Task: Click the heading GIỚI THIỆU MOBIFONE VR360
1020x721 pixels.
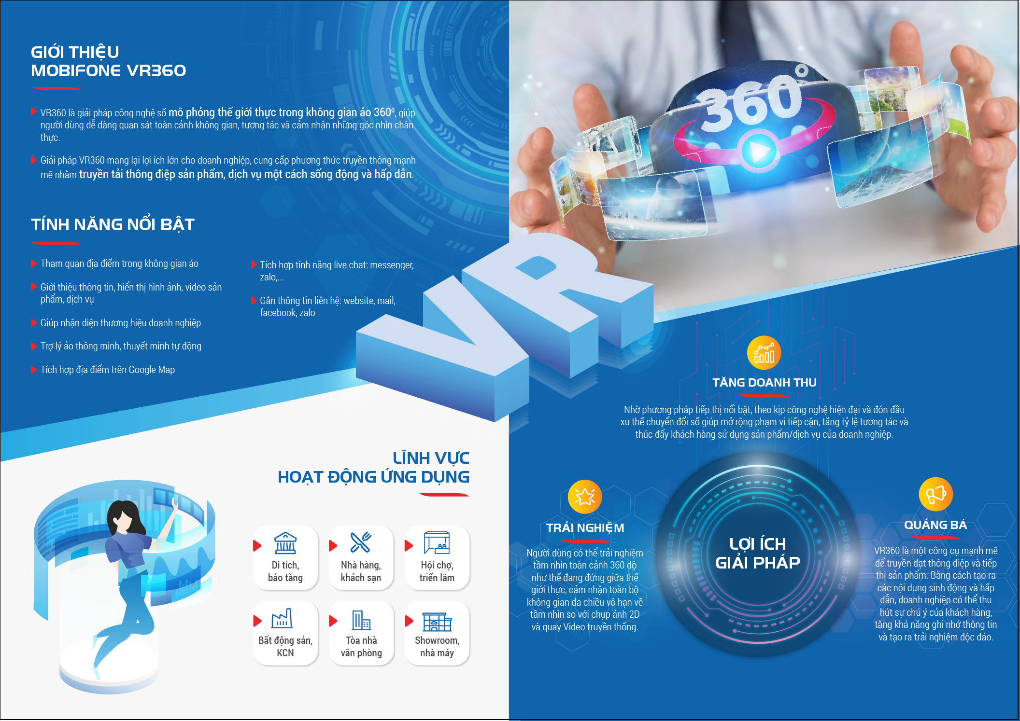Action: (108, 61)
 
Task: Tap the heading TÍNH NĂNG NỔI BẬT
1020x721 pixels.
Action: (113, 224)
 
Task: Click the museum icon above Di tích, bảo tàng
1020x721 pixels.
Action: (285, 543)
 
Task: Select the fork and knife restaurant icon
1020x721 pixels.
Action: (361, 542)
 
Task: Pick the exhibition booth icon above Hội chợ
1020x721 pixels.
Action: (437, 542)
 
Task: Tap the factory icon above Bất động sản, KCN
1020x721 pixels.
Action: (282, 618)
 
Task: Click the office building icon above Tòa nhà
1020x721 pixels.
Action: (361, 620)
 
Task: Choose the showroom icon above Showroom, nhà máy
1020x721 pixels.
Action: (437, 622)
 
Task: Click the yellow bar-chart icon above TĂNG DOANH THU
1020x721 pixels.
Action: (764, 353)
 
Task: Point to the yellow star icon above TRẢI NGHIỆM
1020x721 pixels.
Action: (585, 497)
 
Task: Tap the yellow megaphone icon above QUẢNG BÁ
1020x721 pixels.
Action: (935, 494)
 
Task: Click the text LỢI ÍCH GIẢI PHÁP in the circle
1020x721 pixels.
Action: (757, 553)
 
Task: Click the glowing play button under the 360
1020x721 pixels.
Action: (758, 152)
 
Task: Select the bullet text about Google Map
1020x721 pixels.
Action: (107, 370)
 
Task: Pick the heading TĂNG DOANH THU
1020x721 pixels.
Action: (765, 382)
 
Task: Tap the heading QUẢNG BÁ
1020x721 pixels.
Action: (935, 525)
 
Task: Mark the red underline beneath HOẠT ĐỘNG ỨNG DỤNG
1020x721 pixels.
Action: (444, 495)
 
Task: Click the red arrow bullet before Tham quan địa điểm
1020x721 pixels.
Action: (34, 263)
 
